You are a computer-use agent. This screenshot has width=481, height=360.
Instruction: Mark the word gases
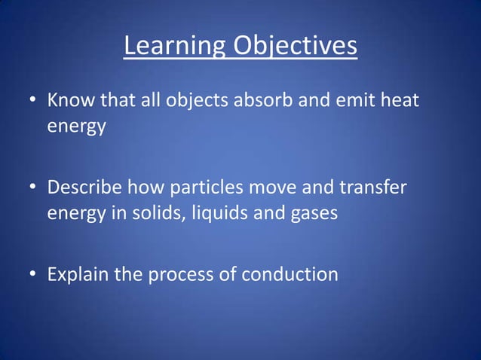point(311,213)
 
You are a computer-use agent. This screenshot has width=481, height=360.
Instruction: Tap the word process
point(178,275)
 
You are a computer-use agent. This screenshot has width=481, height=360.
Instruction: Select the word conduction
point(290,275)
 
